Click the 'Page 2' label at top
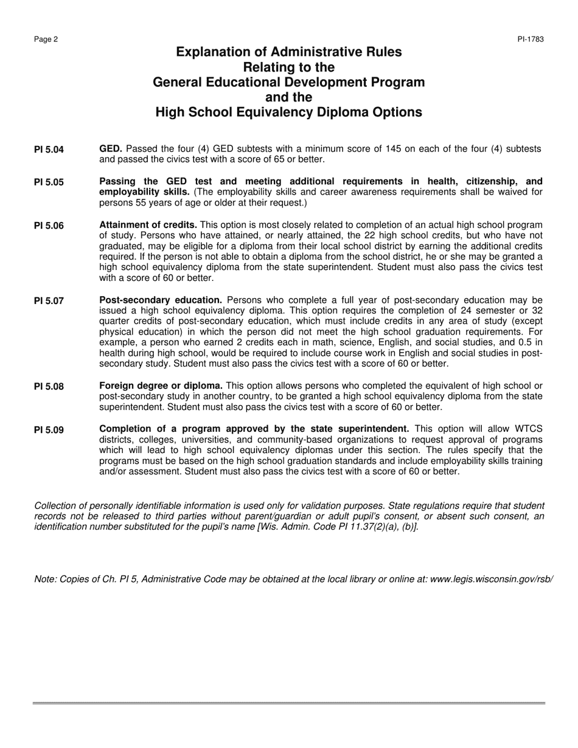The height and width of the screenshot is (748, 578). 46,40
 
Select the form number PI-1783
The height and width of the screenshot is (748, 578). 531,40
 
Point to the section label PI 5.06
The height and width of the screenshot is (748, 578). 49,226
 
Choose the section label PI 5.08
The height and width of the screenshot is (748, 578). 49,387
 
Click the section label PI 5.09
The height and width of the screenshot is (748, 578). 49,431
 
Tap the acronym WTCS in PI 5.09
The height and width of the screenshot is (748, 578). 529,429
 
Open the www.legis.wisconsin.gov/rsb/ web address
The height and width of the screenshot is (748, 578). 491,579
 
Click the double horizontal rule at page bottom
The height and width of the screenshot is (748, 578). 289,704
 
